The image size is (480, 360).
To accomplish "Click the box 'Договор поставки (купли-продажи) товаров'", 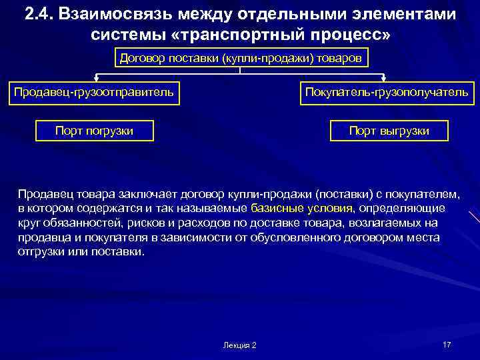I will point(241,58).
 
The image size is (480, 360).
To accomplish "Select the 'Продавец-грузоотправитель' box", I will point(94,91).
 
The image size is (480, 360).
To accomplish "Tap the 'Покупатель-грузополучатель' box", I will point(387,91).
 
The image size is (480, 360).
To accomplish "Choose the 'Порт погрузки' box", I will point(94,131).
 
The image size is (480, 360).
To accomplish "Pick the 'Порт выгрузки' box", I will point(389,131).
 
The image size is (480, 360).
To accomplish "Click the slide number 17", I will point(447,344).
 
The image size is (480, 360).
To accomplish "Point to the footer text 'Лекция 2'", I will point(240,345).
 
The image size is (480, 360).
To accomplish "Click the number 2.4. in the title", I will point(39,13).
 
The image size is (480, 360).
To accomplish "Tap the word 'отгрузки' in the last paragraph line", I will point(39,253).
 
